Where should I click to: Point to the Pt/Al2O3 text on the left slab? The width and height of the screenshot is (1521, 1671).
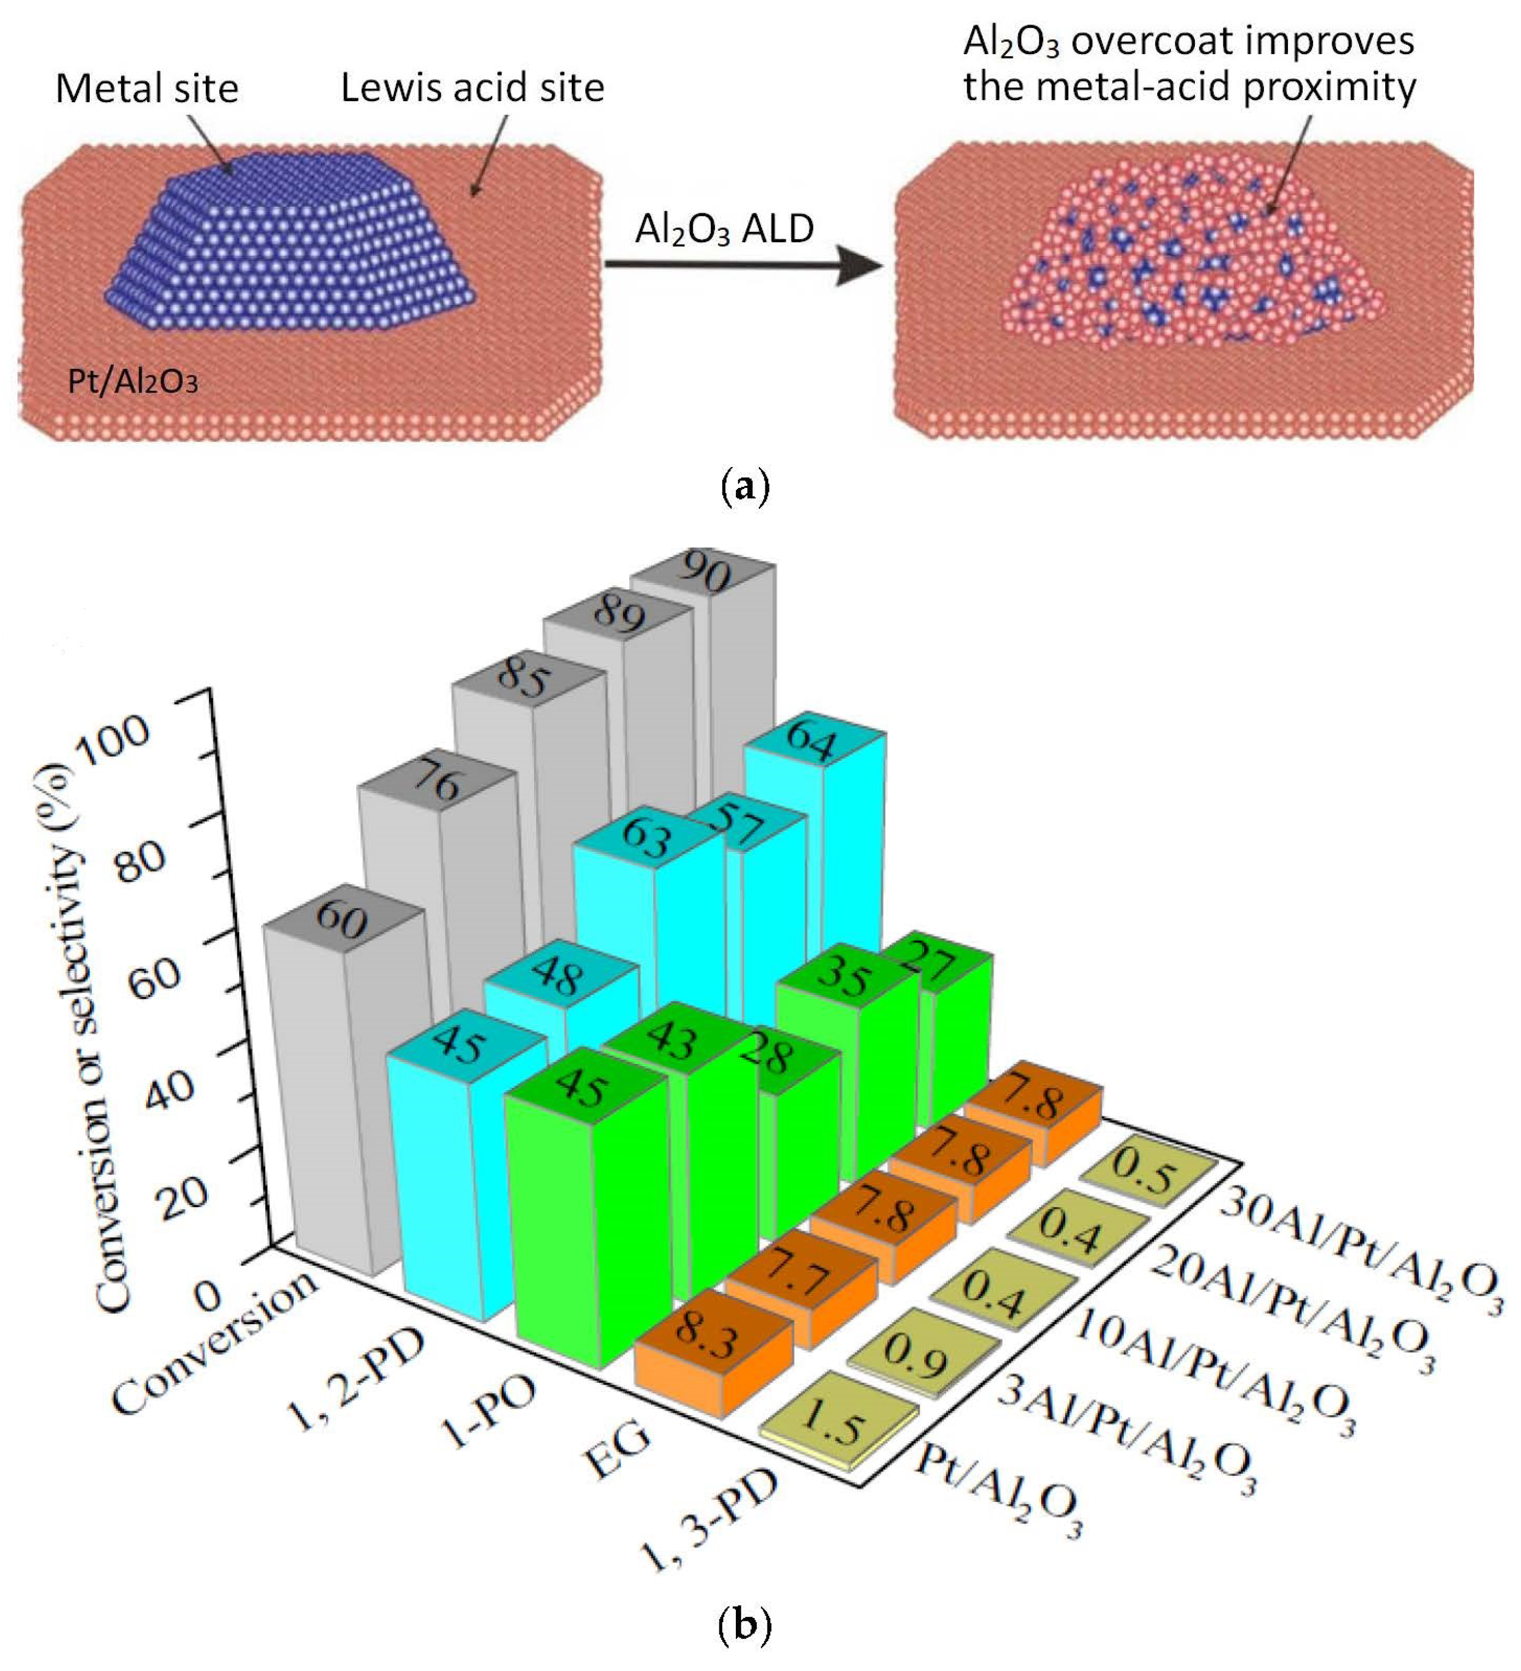[x=132, y=381]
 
